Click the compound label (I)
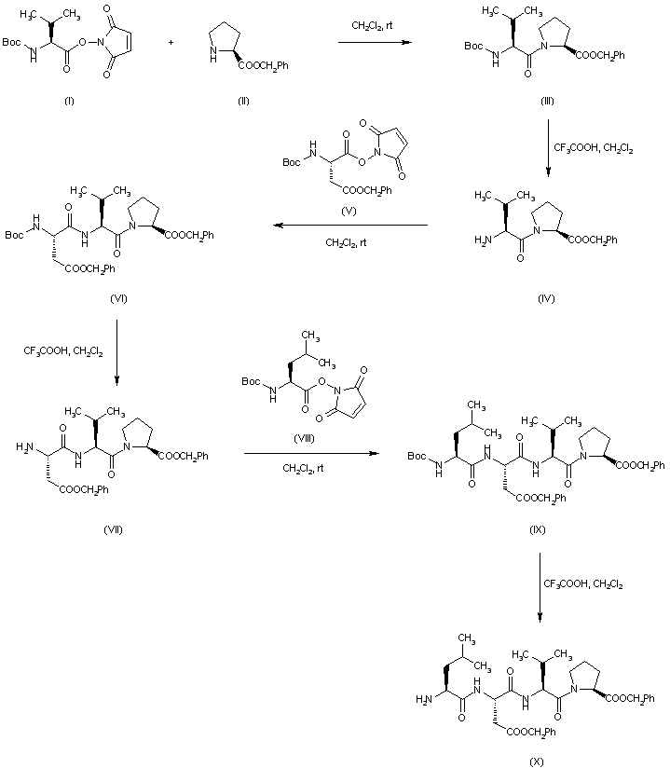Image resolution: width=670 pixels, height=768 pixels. pyautogui.click(x=69, y=100)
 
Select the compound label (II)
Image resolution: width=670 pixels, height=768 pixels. pyautogui.click(x=244, y=100)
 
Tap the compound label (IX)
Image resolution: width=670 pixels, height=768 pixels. pyautogui.click(x=538, y=529)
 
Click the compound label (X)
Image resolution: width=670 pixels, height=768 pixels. pyautogui.click(x=538, y=760)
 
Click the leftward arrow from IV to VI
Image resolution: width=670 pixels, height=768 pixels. pyautogui.click(x=349, y=226)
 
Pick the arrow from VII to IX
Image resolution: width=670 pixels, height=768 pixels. pyautogui.click(x=311, y=454)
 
